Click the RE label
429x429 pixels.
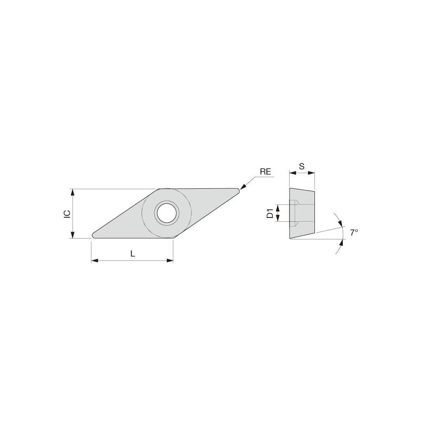pyautogui.click(x=265, y=172)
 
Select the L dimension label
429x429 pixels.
pyautogui.click(x=133, y=254)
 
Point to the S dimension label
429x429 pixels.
pyautogui.click(x=302, y=165)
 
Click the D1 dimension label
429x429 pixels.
pyautogui.click(x=270, y=213)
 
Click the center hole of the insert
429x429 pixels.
pyautogui.click(x=166, y=212)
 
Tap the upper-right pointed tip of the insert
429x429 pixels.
pyautogui.click(x=238, y=190)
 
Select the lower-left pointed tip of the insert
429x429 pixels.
pyautogui.click(x=94, y=235)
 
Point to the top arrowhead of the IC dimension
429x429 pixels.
pyautogui.click(x=73, y=192)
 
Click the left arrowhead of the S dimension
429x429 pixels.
pyautogui.click(x=292, y=173)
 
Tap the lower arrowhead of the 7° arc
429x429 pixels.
pyautogui.click(x=341, y=243)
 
